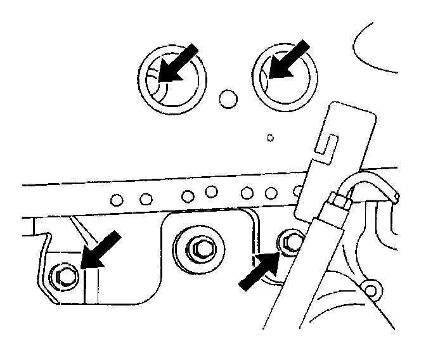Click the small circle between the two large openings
[x=226, y=97]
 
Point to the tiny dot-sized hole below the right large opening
[x=270, y=137]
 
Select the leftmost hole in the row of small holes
[x=116, y=201]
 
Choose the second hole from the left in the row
[x=146, y=200]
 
